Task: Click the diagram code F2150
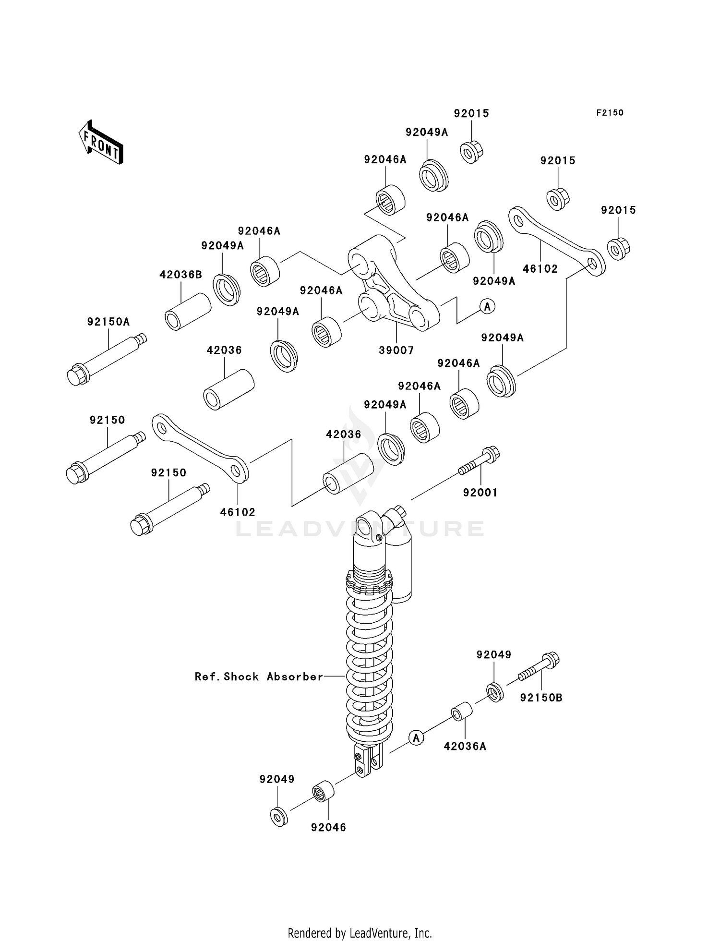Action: point(610,113)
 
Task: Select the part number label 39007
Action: point(396,350)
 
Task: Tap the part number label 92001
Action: point(480,493)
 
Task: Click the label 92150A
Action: point(108,322)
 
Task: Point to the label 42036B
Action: point(180,275)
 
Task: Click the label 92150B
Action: point(541,698)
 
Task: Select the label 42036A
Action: point(465,746)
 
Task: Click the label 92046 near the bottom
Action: point(328,827)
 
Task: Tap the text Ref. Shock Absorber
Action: point(259,676)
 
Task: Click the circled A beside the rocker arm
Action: point(488,306)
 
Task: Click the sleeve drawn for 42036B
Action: point(188,312)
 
